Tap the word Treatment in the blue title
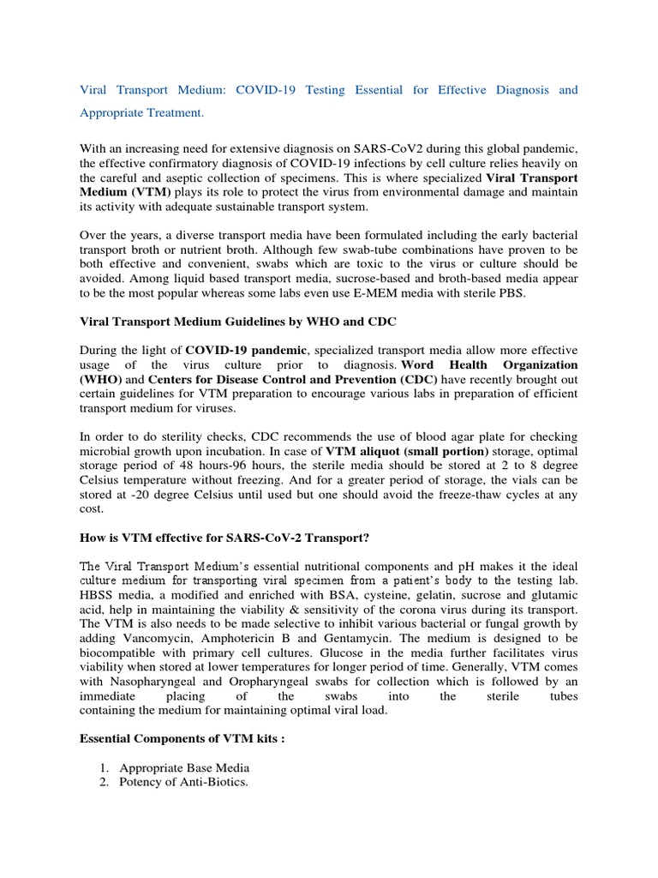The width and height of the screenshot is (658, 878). click(x=176, y=112)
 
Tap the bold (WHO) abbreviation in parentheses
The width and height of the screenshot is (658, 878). click(x=100, y=379)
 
